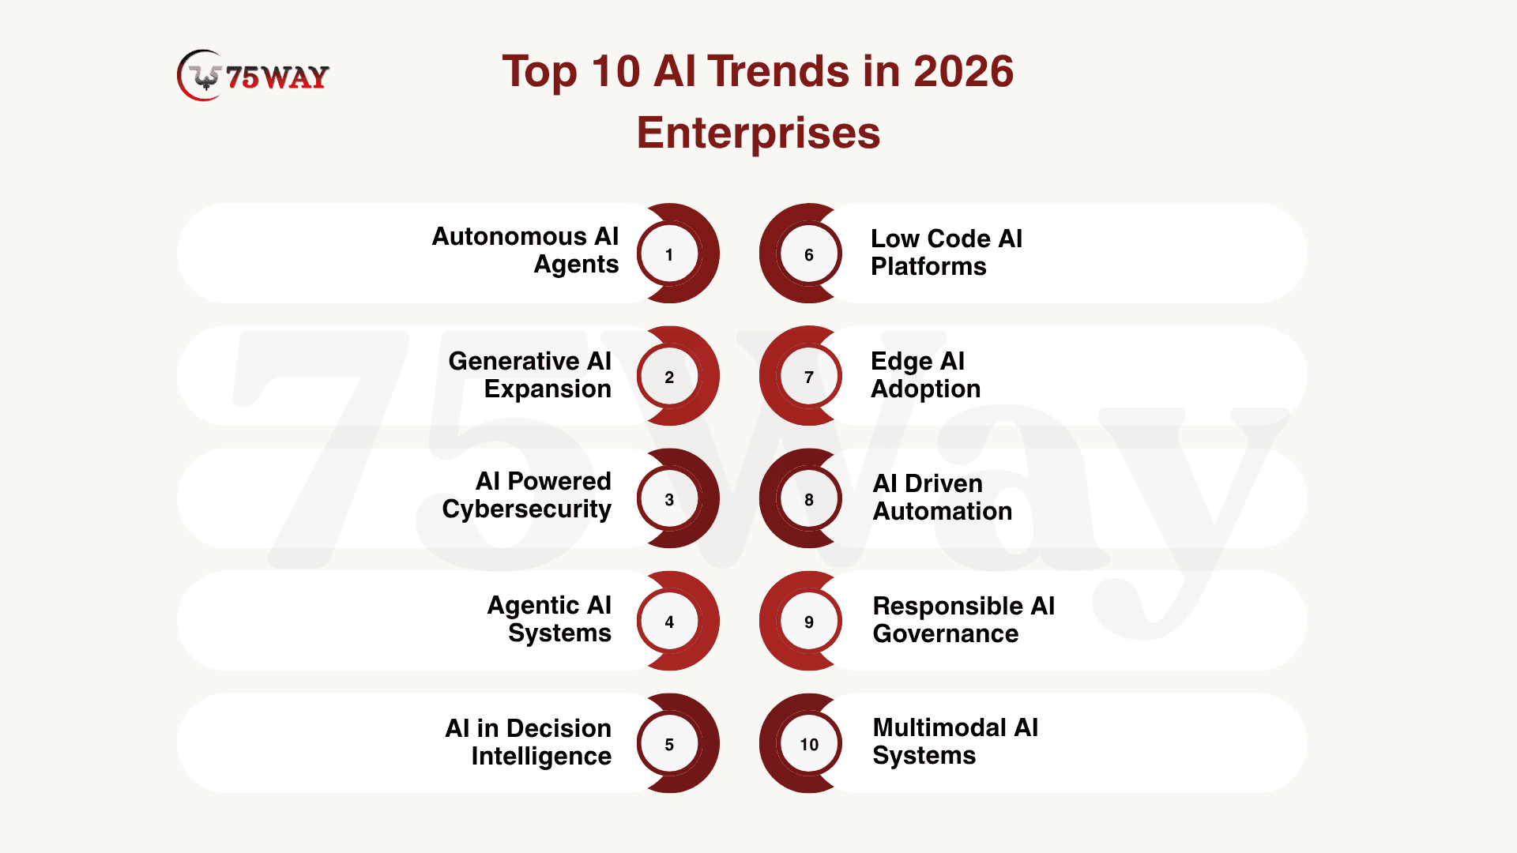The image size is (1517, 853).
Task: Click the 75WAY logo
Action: click(x=253, y=76)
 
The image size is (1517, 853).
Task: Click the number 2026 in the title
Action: click(x=963, y=71)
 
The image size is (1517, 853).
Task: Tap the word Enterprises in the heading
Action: click(x=758, y=133)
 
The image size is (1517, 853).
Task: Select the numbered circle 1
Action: click(x=669, y=254)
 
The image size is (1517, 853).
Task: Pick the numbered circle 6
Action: click(x=809, y=254)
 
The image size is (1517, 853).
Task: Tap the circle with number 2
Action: click(x=669, y=377)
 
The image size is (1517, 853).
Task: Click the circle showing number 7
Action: click(x=809, y=377)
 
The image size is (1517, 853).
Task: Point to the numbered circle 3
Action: click(x=669, y=499)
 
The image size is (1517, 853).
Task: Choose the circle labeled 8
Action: click(x=809, y=499)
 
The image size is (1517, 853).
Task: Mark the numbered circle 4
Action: click(x=669, y=622)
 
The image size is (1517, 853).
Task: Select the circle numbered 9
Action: click(x=809, y=622)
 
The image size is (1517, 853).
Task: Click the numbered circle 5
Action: click(x=669, y=744)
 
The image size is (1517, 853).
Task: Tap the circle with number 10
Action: click(x=809, y=744)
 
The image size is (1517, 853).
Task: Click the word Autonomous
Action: click(x=509, y=236)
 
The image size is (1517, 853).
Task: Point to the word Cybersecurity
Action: click(x=527, y=509)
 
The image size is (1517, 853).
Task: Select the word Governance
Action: click(x=946, y=633)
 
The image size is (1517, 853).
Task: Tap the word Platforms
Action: click(x=928, y=266)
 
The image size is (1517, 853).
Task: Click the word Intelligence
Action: click(x=541, y=757)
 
